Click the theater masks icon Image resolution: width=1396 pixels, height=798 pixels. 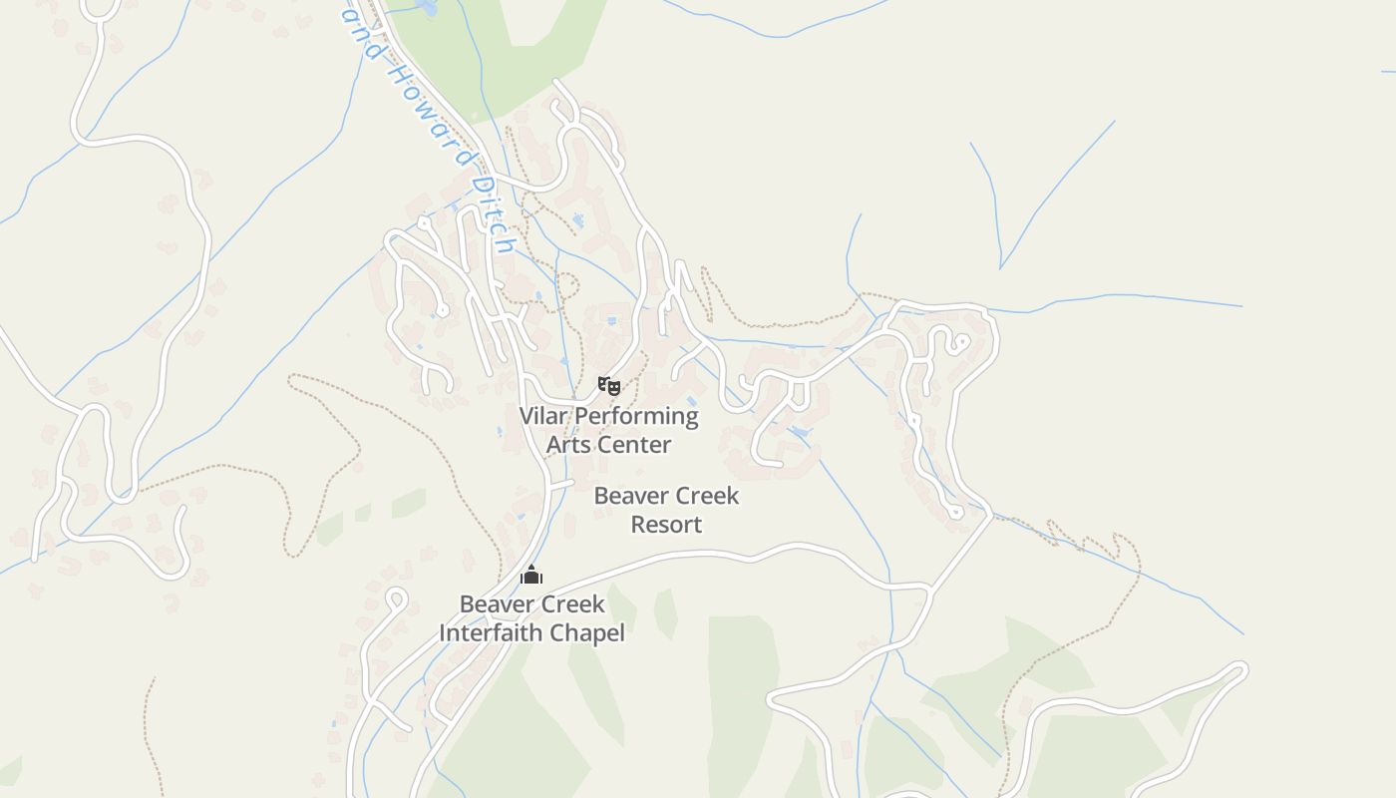608,385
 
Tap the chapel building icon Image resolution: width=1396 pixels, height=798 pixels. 531,575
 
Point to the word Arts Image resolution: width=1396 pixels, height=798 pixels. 568,445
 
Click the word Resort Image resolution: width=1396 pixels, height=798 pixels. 666,525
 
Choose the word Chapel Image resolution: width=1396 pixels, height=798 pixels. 588,633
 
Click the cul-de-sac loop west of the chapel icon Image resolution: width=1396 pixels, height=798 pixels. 396,598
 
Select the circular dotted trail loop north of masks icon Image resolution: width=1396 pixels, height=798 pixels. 567,285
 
